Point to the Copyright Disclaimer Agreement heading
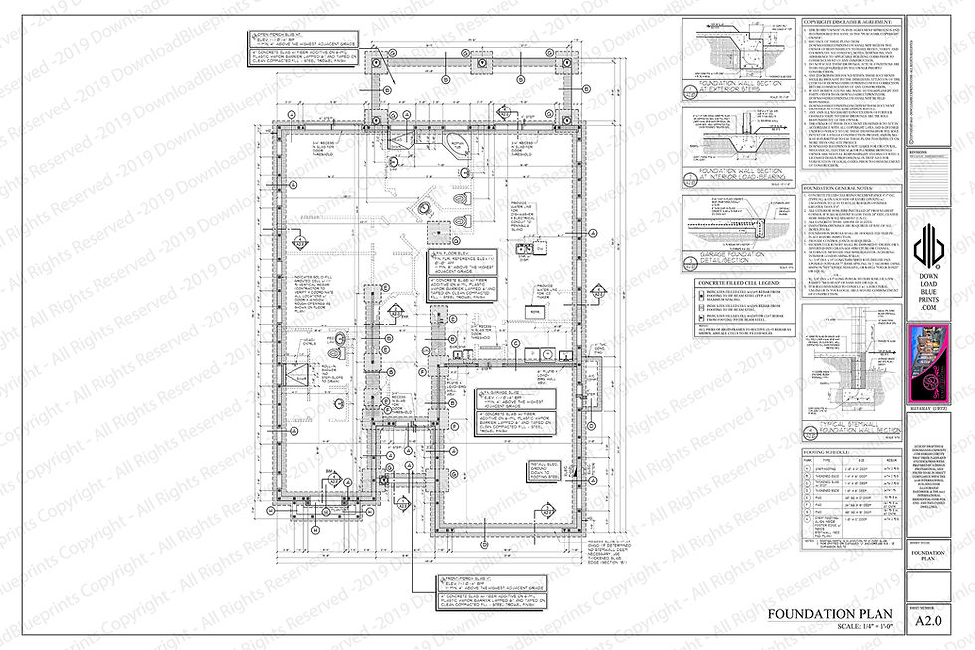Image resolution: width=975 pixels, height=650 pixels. click(x=850, y=22)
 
